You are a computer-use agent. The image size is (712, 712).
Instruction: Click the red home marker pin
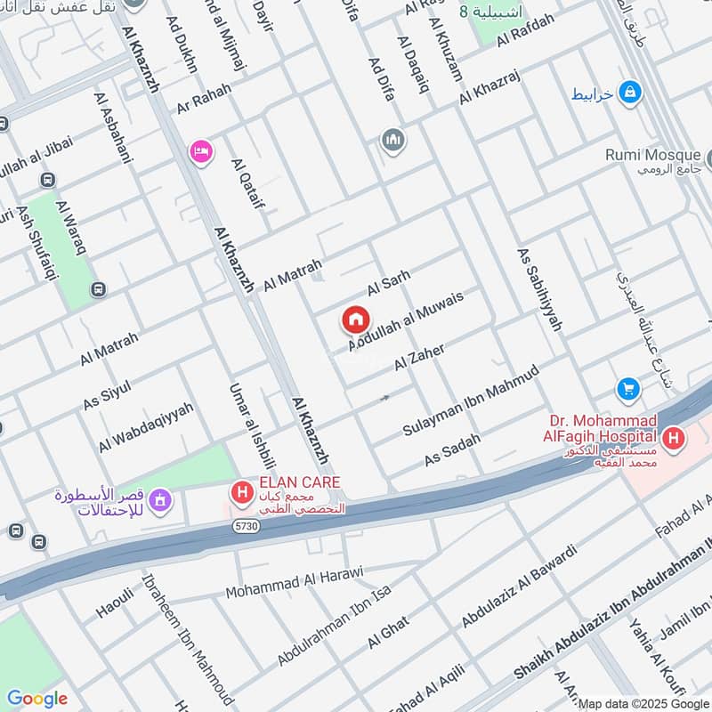[x=356, y=320]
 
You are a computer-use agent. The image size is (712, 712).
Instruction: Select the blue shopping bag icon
[x=630, y=92]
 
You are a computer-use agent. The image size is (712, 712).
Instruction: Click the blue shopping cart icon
[x=628, y=389]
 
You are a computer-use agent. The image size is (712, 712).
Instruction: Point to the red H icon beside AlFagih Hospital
[x=675, y=437]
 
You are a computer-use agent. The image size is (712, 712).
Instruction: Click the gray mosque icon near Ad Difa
[x=392, y=141]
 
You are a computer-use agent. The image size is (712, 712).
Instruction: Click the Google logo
[x=37, y=699]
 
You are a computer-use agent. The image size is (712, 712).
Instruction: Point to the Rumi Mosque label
[x=652, y=155]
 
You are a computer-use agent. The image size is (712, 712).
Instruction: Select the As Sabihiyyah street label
[x=539, y=288]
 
